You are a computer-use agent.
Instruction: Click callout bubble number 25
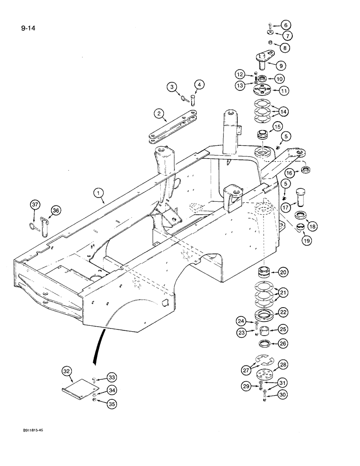click(x=283, y=330)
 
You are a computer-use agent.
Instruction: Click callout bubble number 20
click(x=284, y=272)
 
